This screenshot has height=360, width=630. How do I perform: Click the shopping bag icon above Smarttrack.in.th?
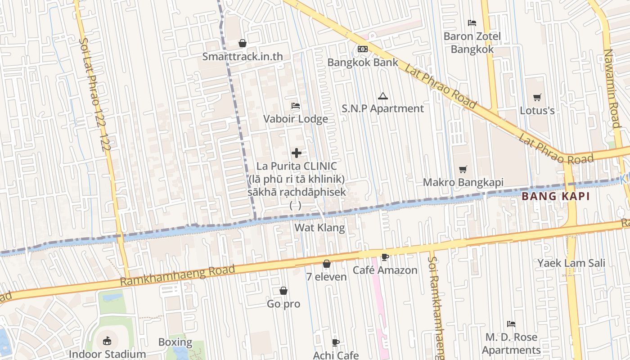(x=243, y=43)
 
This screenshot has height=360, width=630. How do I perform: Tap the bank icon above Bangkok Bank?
(x=363, y=49)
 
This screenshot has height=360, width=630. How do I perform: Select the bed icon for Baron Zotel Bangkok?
(x=472, y=22)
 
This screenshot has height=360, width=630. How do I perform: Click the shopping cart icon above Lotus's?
(x=537, y=97)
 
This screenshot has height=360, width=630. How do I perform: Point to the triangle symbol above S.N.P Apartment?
(x=382, y=95)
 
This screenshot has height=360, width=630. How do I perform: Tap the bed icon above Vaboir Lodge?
(x=296, y=106)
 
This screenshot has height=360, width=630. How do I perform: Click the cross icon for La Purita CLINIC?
(x=297, y=153)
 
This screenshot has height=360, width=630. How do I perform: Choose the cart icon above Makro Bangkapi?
(x=463, y=169)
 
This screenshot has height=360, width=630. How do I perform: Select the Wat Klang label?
(x=319, y=228)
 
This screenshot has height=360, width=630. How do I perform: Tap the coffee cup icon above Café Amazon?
(x=385, y=257)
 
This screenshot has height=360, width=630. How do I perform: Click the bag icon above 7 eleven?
(x=327, y=264)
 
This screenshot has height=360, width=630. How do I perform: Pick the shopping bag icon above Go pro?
(x=283, y=291)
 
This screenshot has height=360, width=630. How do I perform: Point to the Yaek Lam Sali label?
(x=571, y=263)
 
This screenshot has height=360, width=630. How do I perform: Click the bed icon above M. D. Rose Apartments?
(x=511, y=324)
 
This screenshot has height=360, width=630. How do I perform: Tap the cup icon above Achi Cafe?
(x=336, y=342)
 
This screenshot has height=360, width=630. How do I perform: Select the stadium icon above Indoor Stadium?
(x=107, y=341)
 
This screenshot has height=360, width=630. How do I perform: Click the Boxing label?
(x=175, y=342)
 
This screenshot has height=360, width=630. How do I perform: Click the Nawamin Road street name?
(x=612, y=88)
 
